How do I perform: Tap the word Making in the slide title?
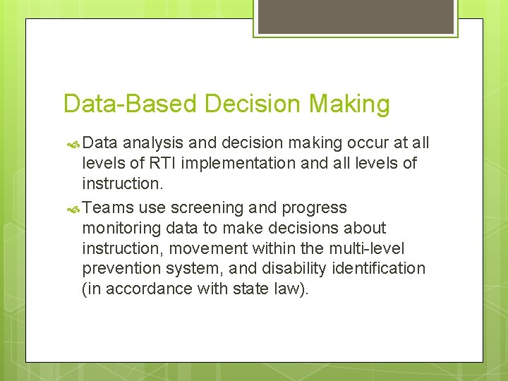[x=349, y=104]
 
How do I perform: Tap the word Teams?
[x=108, y=207]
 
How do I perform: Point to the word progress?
[x=313, y=208]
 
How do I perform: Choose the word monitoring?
[x=121, y=228]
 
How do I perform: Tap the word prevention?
[x=121, y=269]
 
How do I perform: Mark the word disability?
[x=296, y=269]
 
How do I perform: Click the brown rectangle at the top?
[x=355, y=16]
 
